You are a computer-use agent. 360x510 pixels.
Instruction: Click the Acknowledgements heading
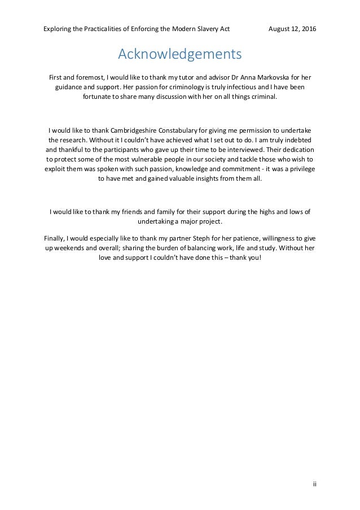tap(180, 55)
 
